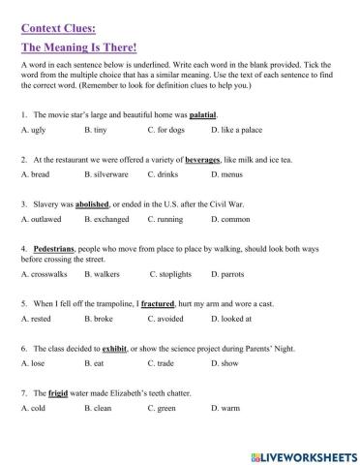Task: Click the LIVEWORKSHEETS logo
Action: [299, 452]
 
